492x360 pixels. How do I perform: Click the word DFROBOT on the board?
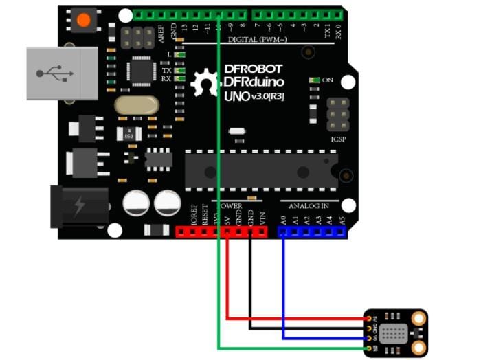[x=255, y=69]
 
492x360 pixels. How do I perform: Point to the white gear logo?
[x=205, y=83]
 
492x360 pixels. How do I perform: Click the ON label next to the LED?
[x=328, y=80]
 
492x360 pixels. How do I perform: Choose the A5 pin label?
[x=342, y=220]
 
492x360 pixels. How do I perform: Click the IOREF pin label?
[x=193, y=217]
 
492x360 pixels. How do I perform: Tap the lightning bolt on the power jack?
[x=80, y=205]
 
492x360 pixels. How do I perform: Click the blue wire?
[x=282, y=289]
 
